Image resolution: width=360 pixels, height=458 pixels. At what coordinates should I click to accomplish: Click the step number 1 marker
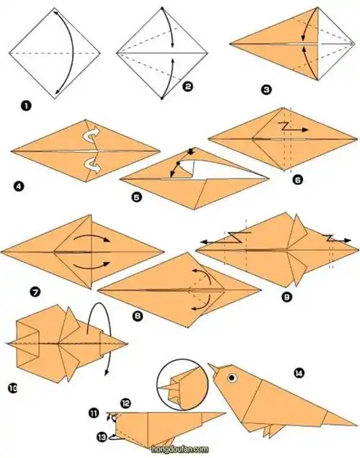(x=26, y=105)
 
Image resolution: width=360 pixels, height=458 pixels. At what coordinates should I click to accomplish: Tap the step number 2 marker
(x=187, y=86)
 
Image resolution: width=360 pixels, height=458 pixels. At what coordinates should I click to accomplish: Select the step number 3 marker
(x=266, y=89)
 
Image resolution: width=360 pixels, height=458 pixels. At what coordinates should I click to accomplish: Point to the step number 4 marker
(x=19, y=186)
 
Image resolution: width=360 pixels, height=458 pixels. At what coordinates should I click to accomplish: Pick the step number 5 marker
(x=137, y=197)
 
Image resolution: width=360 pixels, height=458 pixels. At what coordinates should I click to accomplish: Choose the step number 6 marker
(x=297, y=179)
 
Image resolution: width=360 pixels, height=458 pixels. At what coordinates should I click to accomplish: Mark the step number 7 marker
(x=35, y=292)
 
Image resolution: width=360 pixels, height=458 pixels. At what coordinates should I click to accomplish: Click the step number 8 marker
(x=138, y=315)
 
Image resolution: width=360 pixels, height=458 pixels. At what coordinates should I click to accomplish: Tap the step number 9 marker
(x=287, y=297)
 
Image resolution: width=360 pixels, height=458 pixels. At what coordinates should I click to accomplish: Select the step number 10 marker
(x=13, y=388)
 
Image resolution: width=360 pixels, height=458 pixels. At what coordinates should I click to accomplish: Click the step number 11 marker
(x=94, y=413)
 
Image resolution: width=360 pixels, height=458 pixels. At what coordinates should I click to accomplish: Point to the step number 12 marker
(x=125, y=403)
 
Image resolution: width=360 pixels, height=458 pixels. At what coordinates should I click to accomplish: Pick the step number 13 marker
(x=102, y=437)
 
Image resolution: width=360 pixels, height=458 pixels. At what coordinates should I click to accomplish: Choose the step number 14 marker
(x=299, y=373)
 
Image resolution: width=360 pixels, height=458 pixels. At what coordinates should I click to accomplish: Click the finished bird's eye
(x=232, y=377)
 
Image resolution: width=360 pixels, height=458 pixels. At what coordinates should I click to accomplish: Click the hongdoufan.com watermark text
(x=180, y=449)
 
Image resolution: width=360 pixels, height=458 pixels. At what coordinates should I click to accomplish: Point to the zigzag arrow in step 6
(x=293, y=127)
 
